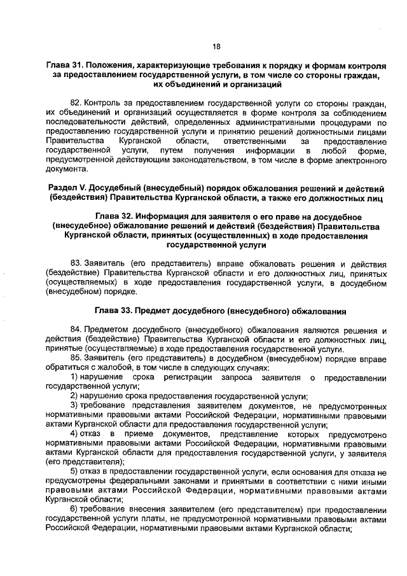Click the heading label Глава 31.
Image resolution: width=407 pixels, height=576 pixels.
pos(64,67)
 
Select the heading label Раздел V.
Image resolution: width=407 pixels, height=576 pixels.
pos(69,190)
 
